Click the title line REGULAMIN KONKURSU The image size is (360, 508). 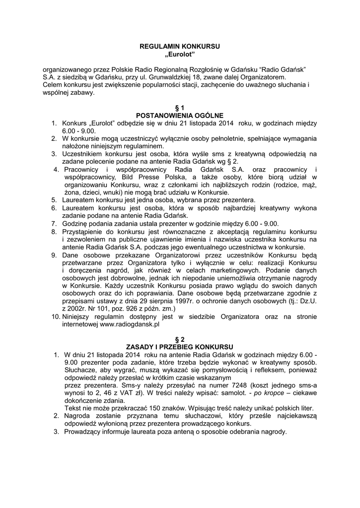(180, 45)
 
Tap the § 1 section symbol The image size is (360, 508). (180, 108)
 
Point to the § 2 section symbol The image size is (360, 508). (180, 339)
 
